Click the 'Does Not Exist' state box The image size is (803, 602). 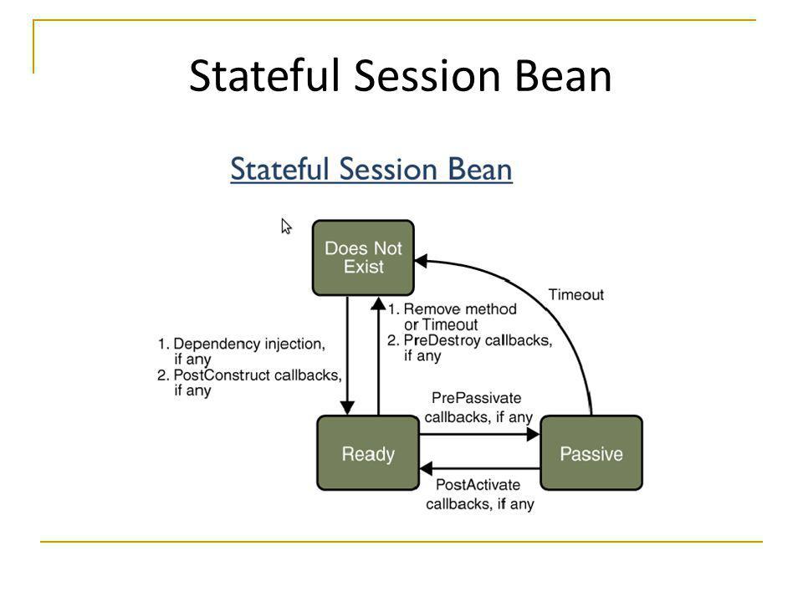(363, 258)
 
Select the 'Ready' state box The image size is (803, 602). (368, 453)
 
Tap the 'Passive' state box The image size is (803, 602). (591, 453)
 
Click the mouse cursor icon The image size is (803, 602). (286, 227)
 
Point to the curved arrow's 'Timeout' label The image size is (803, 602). (576, 295)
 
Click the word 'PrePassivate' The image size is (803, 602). (476, 398)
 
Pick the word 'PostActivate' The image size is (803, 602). (478, 485)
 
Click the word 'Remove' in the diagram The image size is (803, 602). (430, 309)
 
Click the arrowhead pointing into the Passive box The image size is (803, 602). (534, 435)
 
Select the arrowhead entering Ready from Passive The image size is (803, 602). (426, 468)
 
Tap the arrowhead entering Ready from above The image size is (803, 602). (347, 408)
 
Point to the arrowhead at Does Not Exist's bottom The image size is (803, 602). (378, 304)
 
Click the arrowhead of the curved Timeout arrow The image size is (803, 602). (421, 261)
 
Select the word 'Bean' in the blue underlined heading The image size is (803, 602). (480, 169)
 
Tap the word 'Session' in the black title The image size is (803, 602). (427, 75)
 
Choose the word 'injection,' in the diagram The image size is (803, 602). (294, 344)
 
